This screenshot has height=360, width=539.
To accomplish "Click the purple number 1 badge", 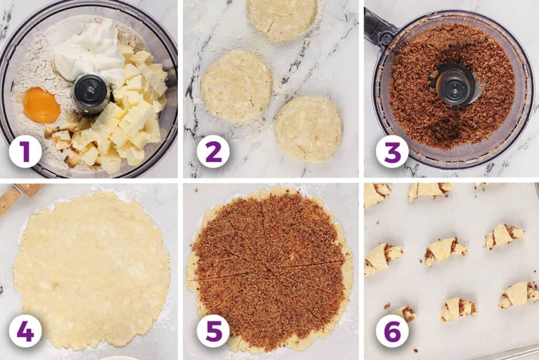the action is coord(25,151).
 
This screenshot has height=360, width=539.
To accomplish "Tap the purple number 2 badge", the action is coord(213,151).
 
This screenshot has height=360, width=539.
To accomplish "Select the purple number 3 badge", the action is coord(392,151).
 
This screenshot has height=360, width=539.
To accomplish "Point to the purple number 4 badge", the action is coord(25,331).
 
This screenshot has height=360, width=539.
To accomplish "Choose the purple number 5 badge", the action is coord(213,331).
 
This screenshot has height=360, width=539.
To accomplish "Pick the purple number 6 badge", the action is coord(392,331).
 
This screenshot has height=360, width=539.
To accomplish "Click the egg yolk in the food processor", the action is coord(42,105).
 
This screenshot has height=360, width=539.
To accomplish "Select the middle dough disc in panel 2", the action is coord(236,86).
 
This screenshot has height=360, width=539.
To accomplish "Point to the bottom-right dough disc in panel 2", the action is coord(308,129).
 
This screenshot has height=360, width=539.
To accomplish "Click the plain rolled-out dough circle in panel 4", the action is coord(92,271).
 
